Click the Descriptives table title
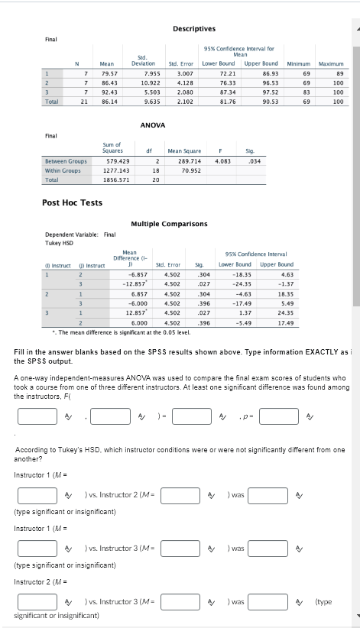[x=193, y=29]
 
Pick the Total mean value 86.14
[x=108, y=100]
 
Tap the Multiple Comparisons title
[x=168, y=224]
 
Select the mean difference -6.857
[x=138, y=273]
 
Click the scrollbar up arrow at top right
[x=355, y=5]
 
